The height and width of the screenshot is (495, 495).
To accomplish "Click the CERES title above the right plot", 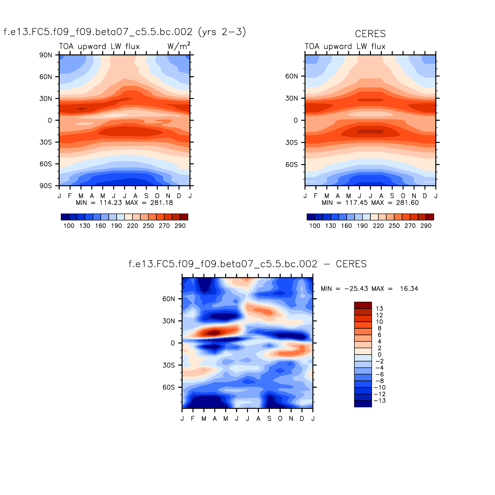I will pyautogui.click(x=370, y=34).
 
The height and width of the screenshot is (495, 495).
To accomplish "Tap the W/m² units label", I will pyautogui.click(x=179, y=46).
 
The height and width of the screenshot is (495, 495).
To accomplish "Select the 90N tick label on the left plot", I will pyautogui.click(x=45, y=55).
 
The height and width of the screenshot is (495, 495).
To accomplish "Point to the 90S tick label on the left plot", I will pyautogui.click(x=45, y=186).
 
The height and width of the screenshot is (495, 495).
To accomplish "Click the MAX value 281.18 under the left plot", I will pyautogui.click(x=161, y=203).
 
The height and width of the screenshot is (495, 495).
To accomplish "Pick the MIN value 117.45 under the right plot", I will pyautogui.click(x=356, y=203).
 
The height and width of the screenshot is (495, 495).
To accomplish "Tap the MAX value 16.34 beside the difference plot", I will pyautogui.click(x=409, y=289).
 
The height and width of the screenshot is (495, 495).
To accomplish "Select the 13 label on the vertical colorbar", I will pyautogui.click(x=379, y=309).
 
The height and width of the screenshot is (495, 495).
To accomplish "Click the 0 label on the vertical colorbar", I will pyautogui.click(x=379, y=355).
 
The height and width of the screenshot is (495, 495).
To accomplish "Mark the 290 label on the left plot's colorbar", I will pyautogui.click(x=180, y=226).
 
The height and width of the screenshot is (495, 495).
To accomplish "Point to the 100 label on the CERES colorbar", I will pyautogui.click(x=314, y=226).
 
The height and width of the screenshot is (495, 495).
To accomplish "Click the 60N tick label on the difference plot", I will pyautogui.click(x=169, y=299).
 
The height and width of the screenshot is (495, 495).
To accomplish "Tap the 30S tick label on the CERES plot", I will pyautogui.click(x=291, y=143).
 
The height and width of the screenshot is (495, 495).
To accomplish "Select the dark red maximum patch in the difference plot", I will pyautogui.click(x=215, y=333).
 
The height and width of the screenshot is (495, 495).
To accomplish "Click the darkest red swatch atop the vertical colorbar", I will pyautogui.click(x=363, y=305).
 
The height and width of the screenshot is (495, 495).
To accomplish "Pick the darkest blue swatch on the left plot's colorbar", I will pyautogui.click(x=65, y=217).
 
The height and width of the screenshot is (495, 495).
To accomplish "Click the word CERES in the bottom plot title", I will pyautogui.click(x=351, y=264).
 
